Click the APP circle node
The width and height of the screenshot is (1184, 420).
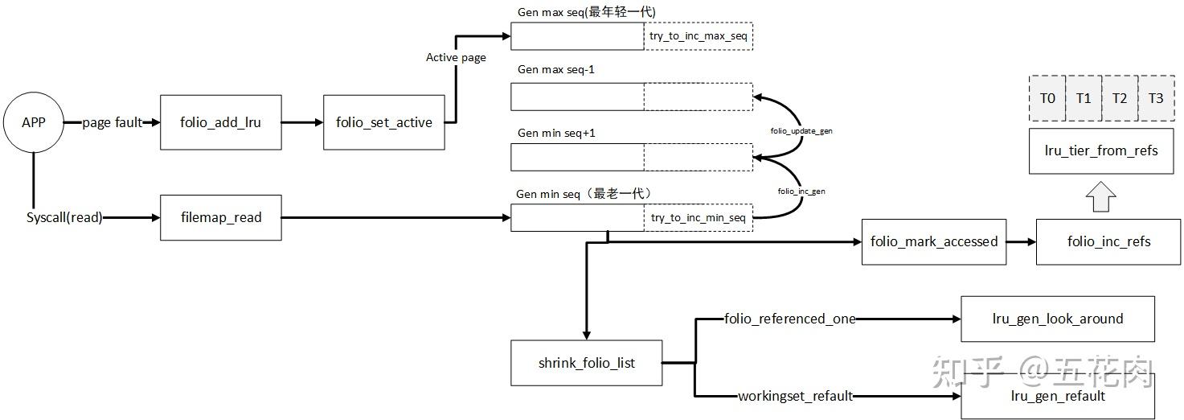(x=33, y=123)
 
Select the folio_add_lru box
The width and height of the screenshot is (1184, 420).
(x=221, y=122)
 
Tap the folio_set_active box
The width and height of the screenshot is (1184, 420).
(x=384, y=122)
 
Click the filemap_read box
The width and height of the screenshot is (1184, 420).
(x=221, y=217)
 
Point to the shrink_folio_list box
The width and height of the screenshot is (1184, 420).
(x=586, y=363)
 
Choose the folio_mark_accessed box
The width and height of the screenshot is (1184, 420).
(x=933, y=241)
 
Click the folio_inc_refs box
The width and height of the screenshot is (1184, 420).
(x=1108, y=241)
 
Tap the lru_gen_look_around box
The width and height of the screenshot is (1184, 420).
(x=1058, y=319)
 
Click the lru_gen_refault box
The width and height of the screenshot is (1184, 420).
(x=1058, y=396)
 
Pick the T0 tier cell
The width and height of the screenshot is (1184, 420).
(x=1047, y=98)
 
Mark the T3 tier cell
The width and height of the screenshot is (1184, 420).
(x=1155, y=98)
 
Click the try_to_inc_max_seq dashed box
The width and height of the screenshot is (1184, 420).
(x=699, y=37)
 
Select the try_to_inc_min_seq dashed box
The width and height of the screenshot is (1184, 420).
(x=699, y=218)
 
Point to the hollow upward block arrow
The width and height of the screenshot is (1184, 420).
(x=1100, y=197)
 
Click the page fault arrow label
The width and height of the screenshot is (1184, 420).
(x=112, y=122)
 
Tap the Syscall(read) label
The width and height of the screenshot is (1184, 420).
(x=64, y=217)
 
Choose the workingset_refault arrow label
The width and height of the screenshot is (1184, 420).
(x=795, y=396)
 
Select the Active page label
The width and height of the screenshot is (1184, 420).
(x=456, y=58)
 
